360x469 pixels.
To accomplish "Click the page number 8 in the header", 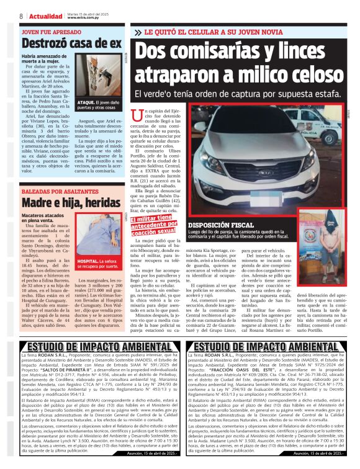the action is tap(21, 16).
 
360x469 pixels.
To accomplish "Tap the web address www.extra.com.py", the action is tap(80, 18).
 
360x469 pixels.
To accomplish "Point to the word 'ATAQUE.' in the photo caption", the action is tap(86, 102).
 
